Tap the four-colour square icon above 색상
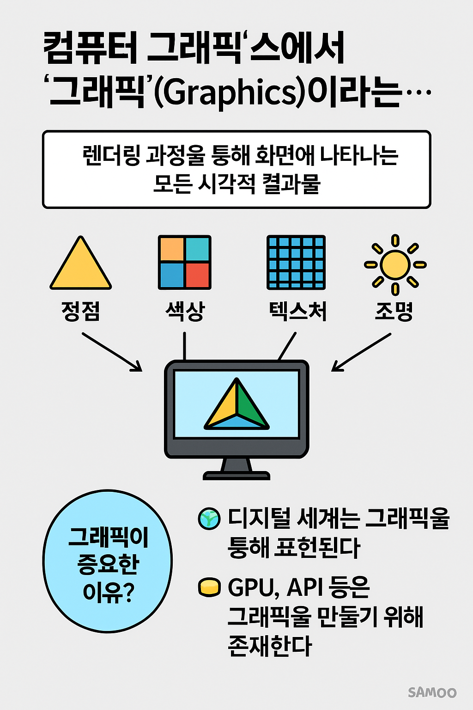(x=184, y=262)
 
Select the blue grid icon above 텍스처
(x=296, y=262)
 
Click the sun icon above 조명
(x=395, y=265)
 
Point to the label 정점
(x=81, y=311)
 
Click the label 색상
(x=185, y=311)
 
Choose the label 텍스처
(x=297, y=311)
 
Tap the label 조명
(x=394, y=311)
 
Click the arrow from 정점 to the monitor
(x=112, y=352)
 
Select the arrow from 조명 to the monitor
(x=361, y=352)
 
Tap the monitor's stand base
(x=236, y=475)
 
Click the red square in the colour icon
(x=198, y=275)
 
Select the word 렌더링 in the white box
(x=111, y=155)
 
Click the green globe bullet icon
(x=209, y=519)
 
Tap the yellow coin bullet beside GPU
(x=209, y=588)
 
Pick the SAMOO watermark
(x=432, y=692)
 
